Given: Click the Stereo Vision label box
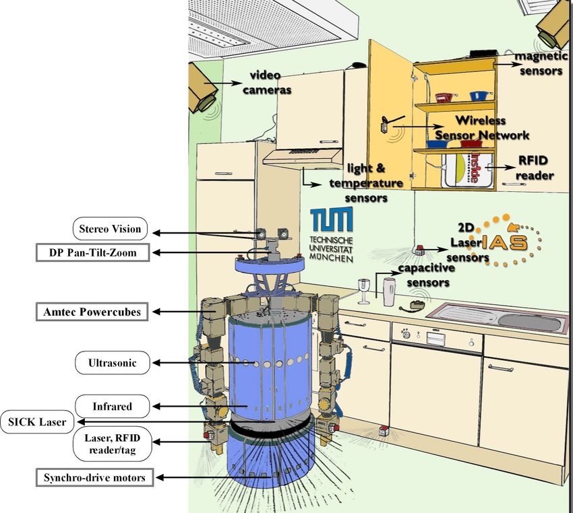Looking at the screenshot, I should (110, 229).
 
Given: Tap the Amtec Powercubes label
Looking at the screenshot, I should (93, 312).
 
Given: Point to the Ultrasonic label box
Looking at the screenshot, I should (113, 364).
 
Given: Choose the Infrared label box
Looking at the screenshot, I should (112, 407).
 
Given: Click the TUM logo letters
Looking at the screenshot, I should (330, 222).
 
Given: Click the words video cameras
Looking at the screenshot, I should (271, 82).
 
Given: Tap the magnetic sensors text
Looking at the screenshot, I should (538, 63).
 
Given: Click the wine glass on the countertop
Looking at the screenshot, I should (364, 290).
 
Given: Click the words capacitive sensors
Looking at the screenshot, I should (424, 275).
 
